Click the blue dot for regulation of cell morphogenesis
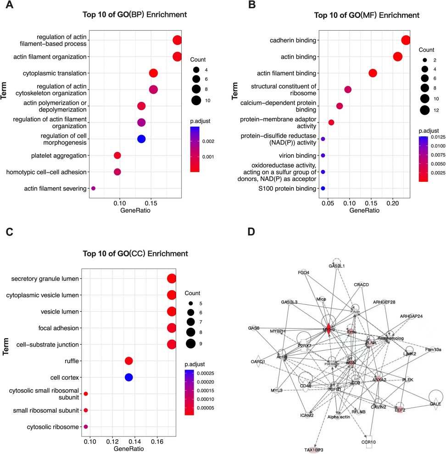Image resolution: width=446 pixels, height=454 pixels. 141,139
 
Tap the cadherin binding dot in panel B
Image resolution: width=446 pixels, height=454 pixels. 406,40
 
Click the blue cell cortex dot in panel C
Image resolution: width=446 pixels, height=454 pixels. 128,377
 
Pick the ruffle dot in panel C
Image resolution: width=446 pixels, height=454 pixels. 128,361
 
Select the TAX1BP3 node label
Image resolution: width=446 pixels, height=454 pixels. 313,450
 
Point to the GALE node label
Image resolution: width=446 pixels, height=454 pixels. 435,404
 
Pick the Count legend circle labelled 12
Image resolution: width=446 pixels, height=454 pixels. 424,109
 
